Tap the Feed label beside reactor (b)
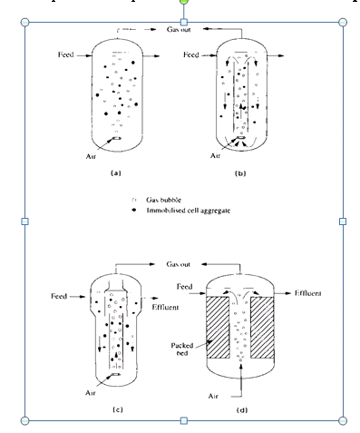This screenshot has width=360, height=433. [x=190, y=55]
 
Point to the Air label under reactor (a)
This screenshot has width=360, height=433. [x=91, y=155]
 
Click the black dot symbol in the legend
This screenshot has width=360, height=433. [x=135, y=209]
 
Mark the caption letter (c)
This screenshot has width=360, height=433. [x=118, y=411]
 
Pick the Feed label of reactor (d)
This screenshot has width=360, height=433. [x=185, y=286]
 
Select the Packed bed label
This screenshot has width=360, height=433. [x=184, y=350]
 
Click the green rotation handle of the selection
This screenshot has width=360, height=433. [x=184, y=4]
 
